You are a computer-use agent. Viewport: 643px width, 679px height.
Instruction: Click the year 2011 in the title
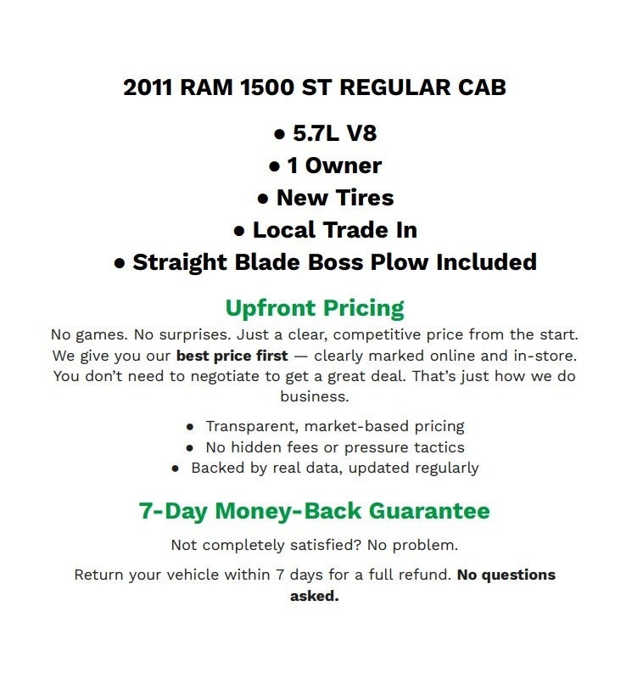(148, 88)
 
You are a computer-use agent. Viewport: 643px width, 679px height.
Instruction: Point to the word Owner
(343, 166)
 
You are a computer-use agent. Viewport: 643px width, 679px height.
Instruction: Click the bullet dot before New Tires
(263, 199)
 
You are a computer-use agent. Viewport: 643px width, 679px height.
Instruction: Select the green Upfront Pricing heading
(315, 307)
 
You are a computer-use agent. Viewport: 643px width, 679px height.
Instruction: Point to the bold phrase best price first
(232, 355)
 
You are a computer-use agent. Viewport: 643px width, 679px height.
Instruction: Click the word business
(314, 396)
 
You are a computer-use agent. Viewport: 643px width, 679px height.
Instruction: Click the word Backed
(217, 468)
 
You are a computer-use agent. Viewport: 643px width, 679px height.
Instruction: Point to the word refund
(422, 575)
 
